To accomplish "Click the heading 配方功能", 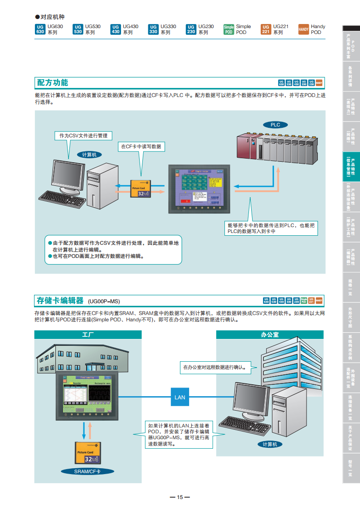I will [53, 82].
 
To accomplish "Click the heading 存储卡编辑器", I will [60, 301].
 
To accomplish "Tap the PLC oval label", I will [275, 125].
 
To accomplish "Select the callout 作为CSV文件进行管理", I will [83, 136].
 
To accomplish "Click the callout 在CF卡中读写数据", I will [141, 146].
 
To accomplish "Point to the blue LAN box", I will [180, 397].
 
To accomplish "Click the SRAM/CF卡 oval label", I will [87, 471].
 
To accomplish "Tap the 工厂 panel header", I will [88, 335].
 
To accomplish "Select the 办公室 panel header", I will [270, 335].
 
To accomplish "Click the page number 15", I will [180, 497].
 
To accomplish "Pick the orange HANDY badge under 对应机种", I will [304, 29].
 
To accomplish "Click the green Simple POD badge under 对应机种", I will [229, 29].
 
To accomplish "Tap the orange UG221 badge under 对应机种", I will [266, 29].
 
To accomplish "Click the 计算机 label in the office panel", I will [270, 444].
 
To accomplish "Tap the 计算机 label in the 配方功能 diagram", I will [89, 155].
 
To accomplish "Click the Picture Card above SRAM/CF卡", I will [87, 453].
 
